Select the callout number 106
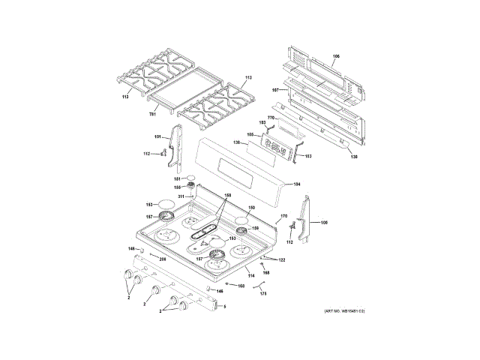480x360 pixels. point(336,57)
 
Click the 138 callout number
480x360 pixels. point(355,157)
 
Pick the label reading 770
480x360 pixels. point(273,118)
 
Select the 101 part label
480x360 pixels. point(157,136)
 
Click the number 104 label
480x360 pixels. point(296,184)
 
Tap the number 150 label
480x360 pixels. point(251,208)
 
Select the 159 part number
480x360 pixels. point(255,228)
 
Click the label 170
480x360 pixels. point(283,217)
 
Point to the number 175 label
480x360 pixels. point(262,295)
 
